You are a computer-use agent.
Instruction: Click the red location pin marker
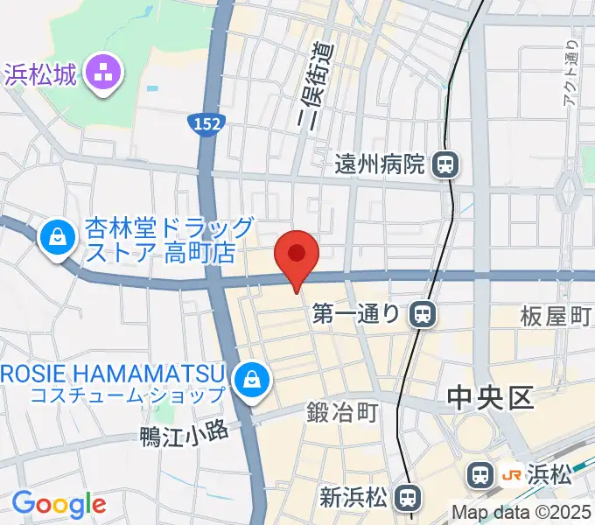[x=297, y=255]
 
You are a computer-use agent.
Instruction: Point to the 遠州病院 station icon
[x=446, y=164]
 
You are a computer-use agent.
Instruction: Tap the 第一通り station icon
[x=423, y=313]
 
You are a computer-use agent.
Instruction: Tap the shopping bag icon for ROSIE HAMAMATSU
[x=252, y=378]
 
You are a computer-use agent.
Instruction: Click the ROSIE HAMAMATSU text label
[x=114, y=370]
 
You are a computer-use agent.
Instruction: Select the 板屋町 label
[x=556, y=317]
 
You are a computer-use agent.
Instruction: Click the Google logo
[x=59, y=504]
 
